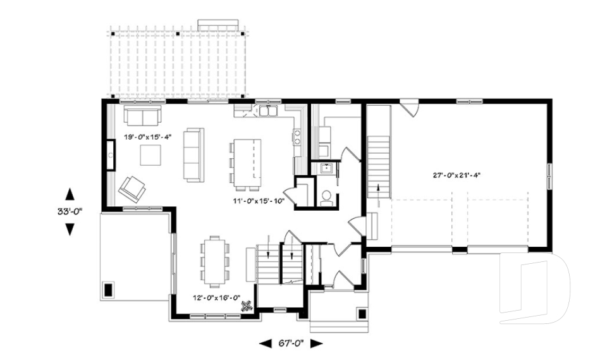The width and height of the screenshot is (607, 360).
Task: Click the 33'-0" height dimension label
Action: [x=70, y=211]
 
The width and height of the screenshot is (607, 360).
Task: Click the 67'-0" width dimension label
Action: [x=291, y=343]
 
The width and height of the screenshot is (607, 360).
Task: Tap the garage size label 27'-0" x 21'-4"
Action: [x=457, y=175]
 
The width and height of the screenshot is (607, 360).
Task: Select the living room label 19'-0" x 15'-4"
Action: [x=147, y=137]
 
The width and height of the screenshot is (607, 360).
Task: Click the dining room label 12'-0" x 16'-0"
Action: [x=217, y=297]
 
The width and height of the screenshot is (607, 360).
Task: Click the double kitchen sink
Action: [x=268, y=111]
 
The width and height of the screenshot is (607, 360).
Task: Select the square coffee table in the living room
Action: [x=150, y=155]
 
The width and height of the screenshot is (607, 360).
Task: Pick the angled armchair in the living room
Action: [x=132, y=189]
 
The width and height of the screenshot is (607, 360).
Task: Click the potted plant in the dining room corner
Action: [x=247, y=306]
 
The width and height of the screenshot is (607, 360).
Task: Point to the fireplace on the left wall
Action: [x=110, y=155]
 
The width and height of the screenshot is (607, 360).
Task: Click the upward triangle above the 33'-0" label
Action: [x=70, y=194]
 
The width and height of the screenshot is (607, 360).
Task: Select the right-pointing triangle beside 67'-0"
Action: [x=317, y=343]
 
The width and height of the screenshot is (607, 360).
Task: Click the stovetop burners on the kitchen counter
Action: [x=297, y=137]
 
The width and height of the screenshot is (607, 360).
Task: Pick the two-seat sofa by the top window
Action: [x=142, y=116]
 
